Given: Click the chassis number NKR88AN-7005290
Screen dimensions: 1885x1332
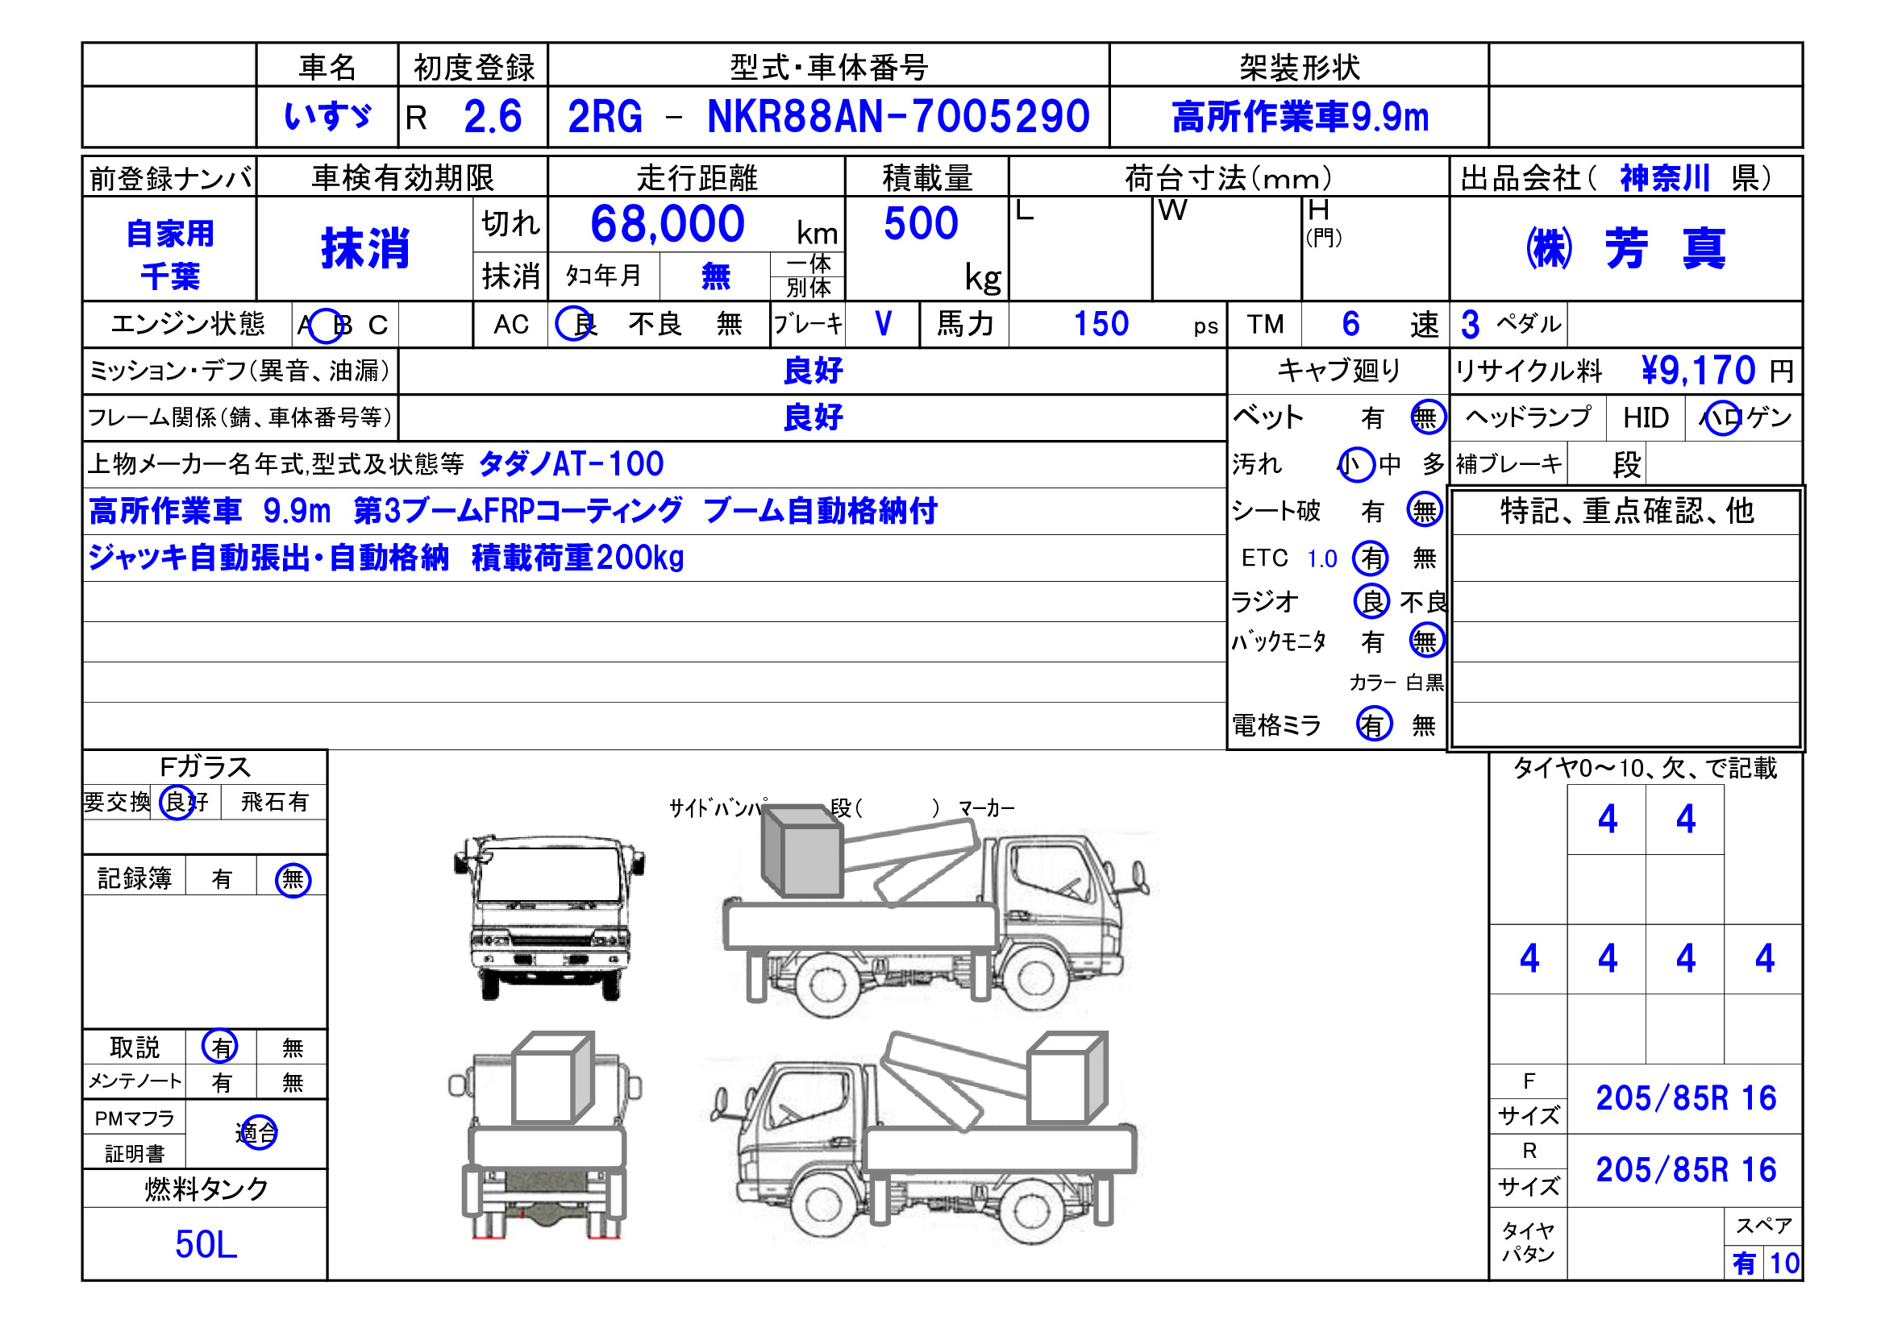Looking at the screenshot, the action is (898, 116).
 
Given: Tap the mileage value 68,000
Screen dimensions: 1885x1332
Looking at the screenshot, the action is (668, 223).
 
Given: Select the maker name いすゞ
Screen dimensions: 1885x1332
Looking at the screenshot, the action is (327, 116).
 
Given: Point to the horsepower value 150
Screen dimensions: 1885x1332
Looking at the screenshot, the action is (1101, 324).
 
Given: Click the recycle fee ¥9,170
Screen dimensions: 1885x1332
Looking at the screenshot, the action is (1698, 370).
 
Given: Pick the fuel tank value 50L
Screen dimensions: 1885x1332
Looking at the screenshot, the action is (206, 1244).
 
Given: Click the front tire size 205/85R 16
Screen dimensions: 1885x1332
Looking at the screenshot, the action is (1686, 1098).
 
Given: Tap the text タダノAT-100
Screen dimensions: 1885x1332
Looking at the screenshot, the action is (571, 464).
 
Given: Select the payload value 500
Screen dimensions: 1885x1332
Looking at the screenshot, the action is (922, 223).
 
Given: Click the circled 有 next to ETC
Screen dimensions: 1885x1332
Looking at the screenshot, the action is (1371, 558).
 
